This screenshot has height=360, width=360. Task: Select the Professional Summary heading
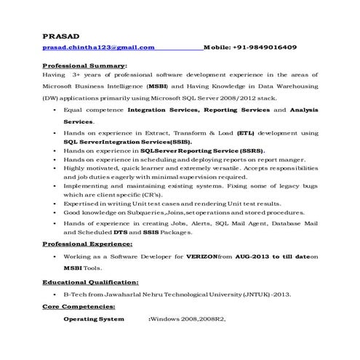coord(84,65)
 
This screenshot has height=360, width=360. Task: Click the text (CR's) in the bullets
coord(150,195)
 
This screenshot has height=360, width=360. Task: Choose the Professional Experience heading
coord(91,244)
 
